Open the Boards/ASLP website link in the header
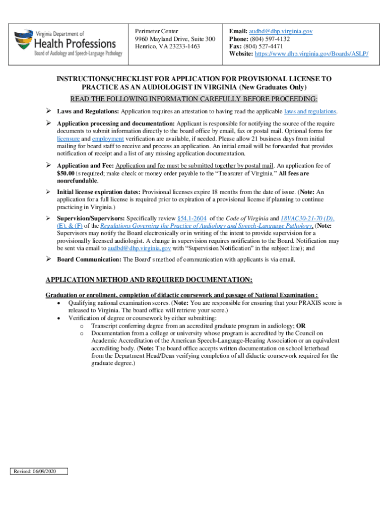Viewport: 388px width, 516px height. tap(312, 54)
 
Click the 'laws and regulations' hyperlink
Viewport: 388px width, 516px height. tap(310, 111)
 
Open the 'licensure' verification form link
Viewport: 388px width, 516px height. tap(68, 138)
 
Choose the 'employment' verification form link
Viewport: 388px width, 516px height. tap(109, 138)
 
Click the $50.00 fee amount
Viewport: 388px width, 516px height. tap(67, 173)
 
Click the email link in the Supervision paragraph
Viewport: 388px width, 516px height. tap(140, 248)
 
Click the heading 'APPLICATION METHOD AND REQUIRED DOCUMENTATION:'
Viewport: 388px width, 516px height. tap(149, 280)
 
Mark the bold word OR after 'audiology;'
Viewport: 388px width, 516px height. tap(300, 326)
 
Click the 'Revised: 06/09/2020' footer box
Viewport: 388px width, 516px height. tap(38, 472)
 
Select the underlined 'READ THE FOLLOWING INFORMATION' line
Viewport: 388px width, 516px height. tap(194, 98)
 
